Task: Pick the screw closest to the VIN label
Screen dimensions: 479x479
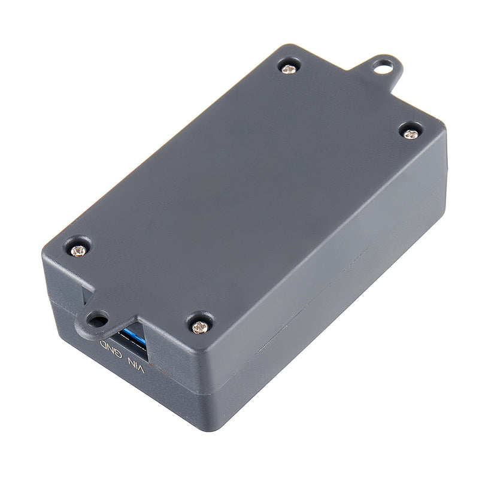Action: tap(199, 326)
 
